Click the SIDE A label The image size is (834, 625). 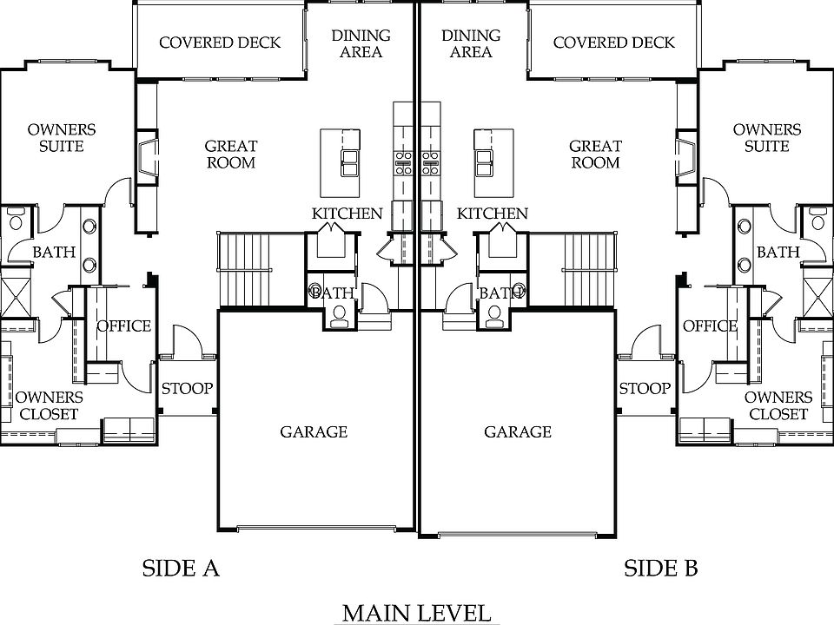tap(180, 569)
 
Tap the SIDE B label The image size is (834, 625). tap(661, 569)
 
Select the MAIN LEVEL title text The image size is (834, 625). tap(416, 613)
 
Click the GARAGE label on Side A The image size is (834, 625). tap(314, 431)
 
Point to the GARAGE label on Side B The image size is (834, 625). tap(518, 431)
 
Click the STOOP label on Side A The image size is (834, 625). tap(187, 388)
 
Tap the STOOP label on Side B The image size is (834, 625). tap(645, 388)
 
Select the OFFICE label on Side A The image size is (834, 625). tap(123, 326)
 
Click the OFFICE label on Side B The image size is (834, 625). tap(710, 326)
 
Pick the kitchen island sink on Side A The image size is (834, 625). tap(352, 158)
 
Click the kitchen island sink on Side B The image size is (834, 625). tap(483, 158)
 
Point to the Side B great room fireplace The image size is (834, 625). tap(687, 154)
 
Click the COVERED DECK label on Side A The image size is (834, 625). tap(220, 43)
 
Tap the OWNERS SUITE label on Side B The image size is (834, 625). tap(767, 138)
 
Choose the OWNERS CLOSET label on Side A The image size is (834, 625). tap(49, 405)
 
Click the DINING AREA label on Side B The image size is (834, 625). tap(471, 43)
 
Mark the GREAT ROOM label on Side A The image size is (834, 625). tap(230, 155)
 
